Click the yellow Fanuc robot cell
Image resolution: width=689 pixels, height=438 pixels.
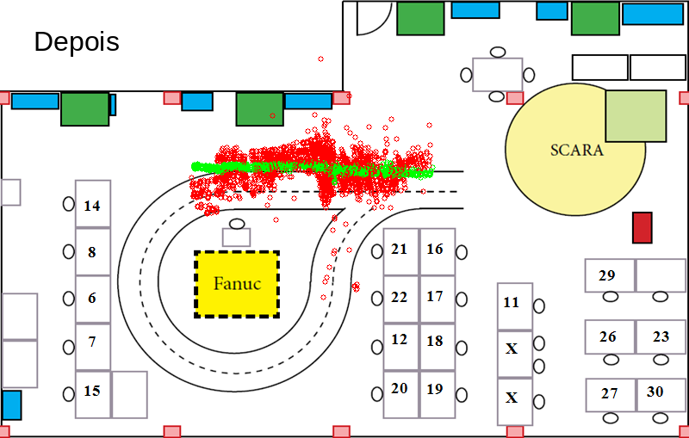pyautogui.click(x=237, y=284)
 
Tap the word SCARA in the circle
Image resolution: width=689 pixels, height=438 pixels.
pyautogui.click(x=577, y=150)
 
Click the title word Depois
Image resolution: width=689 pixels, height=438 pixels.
pyautogui.click(x=77, y=41)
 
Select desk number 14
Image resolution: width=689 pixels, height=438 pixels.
pyautogui.click(x=93, y=204)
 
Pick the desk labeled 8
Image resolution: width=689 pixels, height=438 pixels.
pyautogui.click(x=93, y=251)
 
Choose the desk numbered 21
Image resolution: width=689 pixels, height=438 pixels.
pyautogui.click(x=401, y=252)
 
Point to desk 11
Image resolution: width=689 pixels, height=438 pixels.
pyautogui.click(x=515, y=306)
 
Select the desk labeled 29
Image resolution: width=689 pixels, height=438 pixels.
pyautogui.click(x=610, y=275)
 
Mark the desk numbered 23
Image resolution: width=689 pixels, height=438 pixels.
pyautogui.click(x=661, y=337)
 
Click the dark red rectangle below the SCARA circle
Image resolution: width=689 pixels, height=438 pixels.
pyautogui.click(x=642, y=227)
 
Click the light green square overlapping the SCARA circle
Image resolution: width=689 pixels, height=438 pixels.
pyautogui.click(x=636, y=116)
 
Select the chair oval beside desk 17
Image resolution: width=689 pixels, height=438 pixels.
pyautogui.click(x=462, y=299)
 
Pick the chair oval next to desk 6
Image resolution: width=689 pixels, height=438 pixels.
pyautogui.click(x=69, y=299)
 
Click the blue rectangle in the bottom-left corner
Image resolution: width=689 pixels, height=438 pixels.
pyautogui.click(x=11, y=405)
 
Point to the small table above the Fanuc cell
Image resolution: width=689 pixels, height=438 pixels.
pyautogui.click(x=236, y=237)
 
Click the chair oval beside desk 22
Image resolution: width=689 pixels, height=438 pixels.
pyautogui.click(x=377, y=299)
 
